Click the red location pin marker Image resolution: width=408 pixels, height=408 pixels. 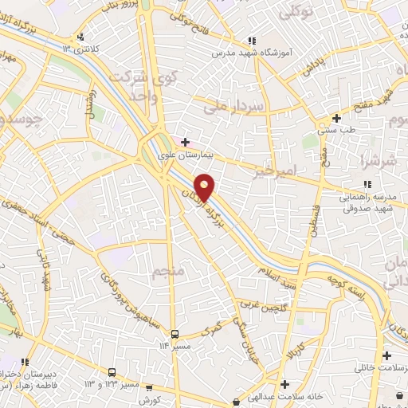205,186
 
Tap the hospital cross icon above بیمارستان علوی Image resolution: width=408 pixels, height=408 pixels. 186,142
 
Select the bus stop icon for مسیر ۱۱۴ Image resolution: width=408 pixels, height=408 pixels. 175,335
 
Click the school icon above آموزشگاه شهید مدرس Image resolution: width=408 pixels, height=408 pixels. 252,41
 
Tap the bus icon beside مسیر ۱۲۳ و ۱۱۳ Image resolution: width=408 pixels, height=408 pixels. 112,372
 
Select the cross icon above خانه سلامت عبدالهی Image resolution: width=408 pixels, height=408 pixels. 284,385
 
